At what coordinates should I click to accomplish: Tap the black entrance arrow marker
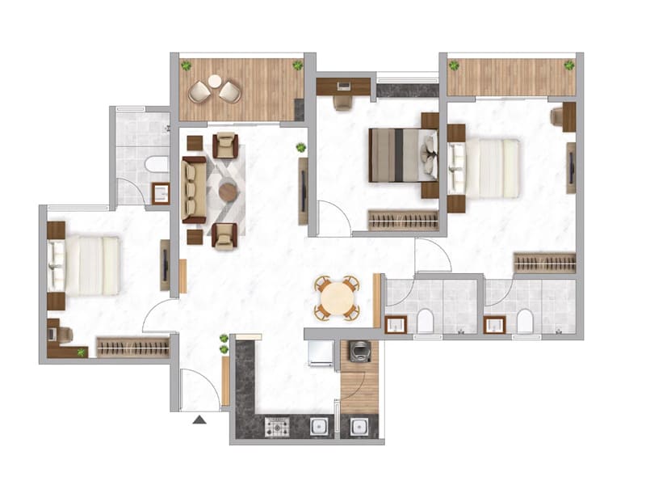199,420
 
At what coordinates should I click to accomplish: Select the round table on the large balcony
215,81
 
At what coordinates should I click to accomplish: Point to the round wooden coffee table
229,192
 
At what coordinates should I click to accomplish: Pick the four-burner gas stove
277,425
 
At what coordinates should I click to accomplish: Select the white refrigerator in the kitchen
321,352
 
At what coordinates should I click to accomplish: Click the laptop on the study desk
343,84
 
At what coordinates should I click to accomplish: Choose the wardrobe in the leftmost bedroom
132,347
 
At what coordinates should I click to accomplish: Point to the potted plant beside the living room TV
301,148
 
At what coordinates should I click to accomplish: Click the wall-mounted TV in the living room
303,191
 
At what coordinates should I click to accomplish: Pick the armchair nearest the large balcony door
225,145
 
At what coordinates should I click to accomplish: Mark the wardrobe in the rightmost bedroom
544,263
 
